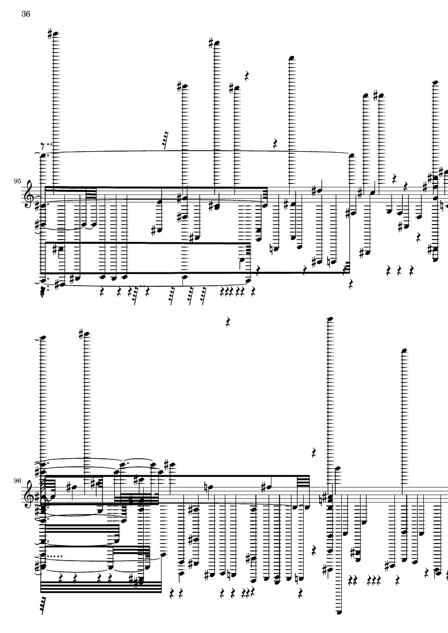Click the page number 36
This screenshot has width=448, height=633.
(25, 14)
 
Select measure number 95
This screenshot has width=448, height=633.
(17, 181)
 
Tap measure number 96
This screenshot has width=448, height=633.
(17, 481)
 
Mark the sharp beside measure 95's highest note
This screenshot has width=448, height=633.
(50, 34)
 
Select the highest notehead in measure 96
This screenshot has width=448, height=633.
(330, 319)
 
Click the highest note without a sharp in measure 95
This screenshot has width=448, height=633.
(291, 58)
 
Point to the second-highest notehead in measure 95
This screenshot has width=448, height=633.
(217, 43)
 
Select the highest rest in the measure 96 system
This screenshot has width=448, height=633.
(228, 322)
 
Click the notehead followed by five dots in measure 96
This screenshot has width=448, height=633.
(43, 555)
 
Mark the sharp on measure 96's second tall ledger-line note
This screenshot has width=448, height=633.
(81, 334)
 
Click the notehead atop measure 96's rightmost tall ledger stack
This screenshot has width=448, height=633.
(403, 351)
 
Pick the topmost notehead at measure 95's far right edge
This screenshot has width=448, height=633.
(435, 82)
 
